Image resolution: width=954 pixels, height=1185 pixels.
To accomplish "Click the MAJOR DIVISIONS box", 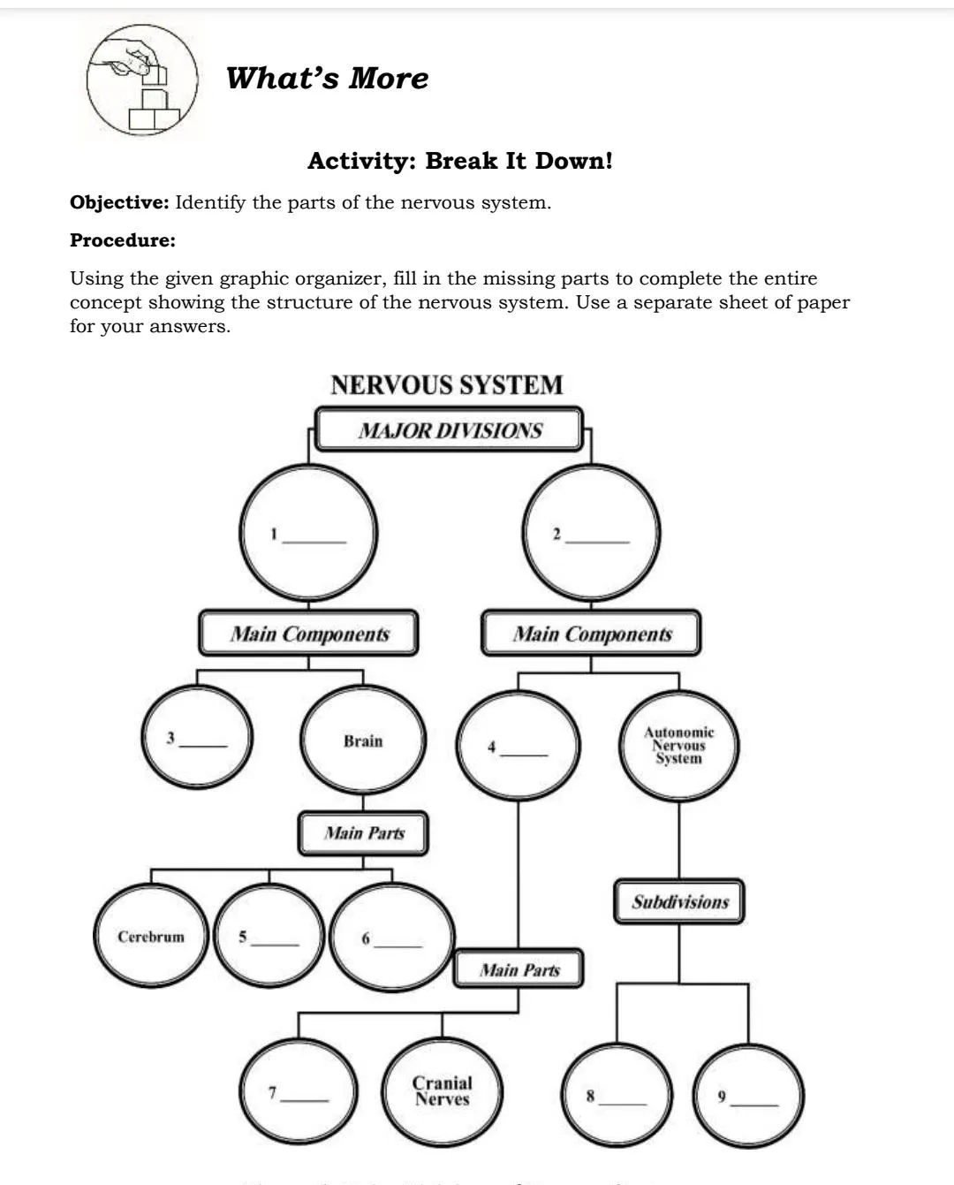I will coord(450,430).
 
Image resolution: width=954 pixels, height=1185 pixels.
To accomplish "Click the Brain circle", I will coord(364,741).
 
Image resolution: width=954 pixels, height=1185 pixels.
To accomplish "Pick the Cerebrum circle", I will coord(151,937).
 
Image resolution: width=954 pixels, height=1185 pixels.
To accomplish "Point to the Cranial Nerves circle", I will coord(442,1091).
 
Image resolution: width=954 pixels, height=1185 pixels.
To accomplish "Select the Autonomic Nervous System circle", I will coord(678,745).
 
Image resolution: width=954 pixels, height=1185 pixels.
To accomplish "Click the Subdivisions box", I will coord(678,902).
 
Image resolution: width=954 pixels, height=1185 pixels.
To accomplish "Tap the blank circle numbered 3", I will coord(199,738).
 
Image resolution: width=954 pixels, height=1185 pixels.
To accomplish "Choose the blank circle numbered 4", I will coord(518,745).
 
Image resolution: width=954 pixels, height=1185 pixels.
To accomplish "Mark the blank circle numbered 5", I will coord(269,937).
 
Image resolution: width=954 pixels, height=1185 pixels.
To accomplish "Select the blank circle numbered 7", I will coord(299,1094).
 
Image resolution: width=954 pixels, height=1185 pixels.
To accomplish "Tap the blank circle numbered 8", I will coord(617,1097).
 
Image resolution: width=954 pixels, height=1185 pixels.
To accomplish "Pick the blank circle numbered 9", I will coord(749,1097).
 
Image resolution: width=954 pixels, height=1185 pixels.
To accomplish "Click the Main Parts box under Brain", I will coord(363,833).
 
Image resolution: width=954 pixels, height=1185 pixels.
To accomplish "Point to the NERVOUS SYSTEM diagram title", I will coord(446,385).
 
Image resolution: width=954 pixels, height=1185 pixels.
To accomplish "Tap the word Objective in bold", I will coord(119,202).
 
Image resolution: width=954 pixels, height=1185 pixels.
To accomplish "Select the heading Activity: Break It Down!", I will coord(459,162).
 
